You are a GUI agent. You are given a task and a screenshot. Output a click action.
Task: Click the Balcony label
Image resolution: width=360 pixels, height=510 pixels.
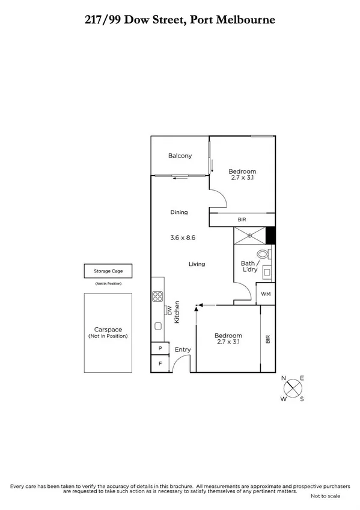180,156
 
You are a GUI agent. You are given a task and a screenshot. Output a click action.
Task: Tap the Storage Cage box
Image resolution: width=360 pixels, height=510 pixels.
108,271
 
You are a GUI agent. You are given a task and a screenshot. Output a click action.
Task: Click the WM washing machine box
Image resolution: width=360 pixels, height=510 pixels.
266,293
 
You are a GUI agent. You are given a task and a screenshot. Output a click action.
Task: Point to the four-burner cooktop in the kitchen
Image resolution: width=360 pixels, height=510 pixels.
157,296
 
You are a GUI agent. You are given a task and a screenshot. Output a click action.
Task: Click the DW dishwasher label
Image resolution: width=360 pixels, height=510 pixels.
169,310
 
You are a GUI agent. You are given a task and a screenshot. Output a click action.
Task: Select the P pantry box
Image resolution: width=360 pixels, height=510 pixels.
160,349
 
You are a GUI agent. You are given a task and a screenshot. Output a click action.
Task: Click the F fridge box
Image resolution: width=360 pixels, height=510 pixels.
160,364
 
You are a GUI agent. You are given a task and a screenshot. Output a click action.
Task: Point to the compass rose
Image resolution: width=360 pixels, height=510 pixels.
293,387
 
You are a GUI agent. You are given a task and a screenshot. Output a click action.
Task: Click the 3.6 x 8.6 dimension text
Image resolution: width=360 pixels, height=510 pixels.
183,238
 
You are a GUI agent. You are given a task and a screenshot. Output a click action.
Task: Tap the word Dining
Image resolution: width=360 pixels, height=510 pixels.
179,212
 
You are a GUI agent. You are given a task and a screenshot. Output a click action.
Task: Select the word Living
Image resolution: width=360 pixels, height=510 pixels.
197,264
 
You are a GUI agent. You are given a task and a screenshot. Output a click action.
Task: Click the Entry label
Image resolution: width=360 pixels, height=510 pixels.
182,349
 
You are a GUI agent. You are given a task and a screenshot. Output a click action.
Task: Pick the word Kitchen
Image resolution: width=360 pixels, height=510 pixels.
177,312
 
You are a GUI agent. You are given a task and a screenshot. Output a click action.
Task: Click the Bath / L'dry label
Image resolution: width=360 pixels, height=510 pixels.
249,266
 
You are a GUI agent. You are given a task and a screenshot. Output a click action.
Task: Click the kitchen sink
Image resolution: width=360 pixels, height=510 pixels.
157,327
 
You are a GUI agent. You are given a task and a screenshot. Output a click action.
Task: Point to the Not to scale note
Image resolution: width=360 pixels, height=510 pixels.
325,496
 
